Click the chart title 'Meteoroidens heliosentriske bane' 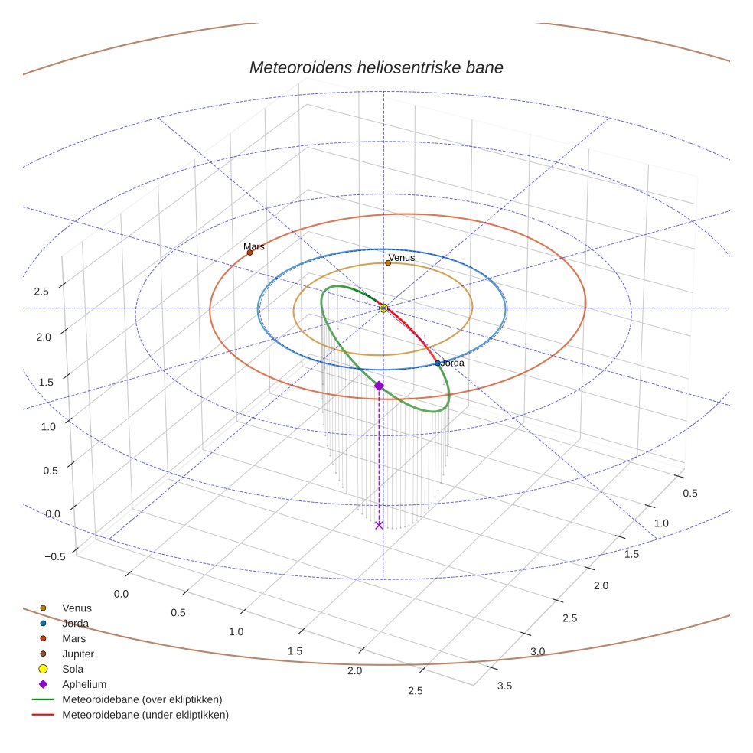[x=376, y=67]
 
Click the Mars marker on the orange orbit [x=249, y=253]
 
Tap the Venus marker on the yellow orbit [x=388, y=262]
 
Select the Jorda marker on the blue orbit [x=438, y=363]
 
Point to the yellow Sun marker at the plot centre [x=383, y=308]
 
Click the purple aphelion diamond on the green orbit [x=379, y=386]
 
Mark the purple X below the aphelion [x=379, y=525]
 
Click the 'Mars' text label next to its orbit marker [x=254, y=246]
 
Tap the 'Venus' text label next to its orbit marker [x=402, y=257]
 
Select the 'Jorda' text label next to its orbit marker [x=453, y=363]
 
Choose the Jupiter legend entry [x=77, y=654]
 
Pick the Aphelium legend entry [x=83, y=685]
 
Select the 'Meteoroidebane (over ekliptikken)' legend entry [x=142, y=699]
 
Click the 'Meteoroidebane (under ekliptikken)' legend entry [x=145, y=715]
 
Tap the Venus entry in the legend [x=76, y=608]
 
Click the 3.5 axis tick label [x=504, y=686]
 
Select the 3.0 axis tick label [x=537, y=651]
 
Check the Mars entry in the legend [x=73, y=639]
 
